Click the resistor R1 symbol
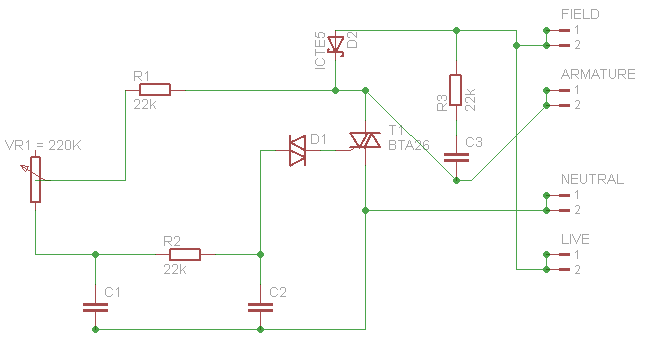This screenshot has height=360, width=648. point(155,90)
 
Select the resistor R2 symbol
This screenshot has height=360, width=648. point(185,255)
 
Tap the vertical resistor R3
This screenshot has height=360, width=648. point(456,90)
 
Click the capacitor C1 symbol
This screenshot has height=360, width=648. point(95,306)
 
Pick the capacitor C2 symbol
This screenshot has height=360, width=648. point(260,306)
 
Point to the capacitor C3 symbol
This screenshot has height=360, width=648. point(456,156)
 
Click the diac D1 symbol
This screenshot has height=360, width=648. point(297,150)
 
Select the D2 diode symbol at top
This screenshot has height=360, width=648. point(336,44)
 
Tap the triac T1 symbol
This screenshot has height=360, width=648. point(366,141)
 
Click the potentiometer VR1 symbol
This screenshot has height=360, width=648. point(36,180)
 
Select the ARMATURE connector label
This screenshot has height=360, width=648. point(598,75)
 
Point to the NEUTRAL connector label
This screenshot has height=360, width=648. point(592,179)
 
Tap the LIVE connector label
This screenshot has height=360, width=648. point(575,239)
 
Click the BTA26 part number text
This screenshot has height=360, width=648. point(408,145)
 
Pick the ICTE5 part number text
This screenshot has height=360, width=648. point(320,50)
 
